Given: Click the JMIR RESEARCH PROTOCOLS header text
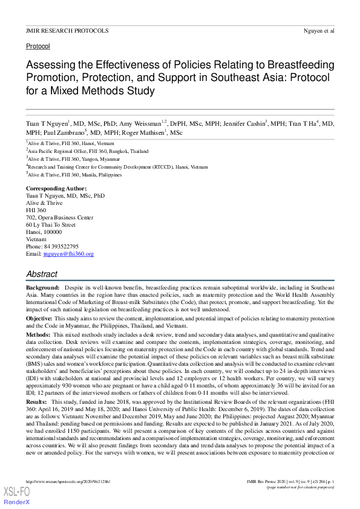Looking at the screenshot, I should pyautogui.click(x=67, y=30).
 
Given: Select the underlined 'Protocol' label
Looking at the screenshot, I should pyautogui.click(x=38, y=46).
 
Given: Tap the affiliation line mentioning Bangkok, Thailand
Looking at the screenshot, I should pyautogui.click(x=88, y=151).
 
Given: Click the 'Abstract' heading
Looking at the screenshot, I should pyautogui.click(x=42, y=274).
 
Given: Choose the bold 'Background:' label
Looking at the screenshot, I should pyautogui.click(x=42, y=288).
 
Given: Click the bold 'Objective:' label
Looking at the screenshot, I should pyautogui.click(x=39, y=318).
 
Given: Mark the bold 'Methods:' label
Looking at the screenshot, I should pyautogui.click(x=38, y=334).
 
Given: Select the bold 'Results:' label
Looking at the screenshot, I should pyautogui.click(x=38, y=401).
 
